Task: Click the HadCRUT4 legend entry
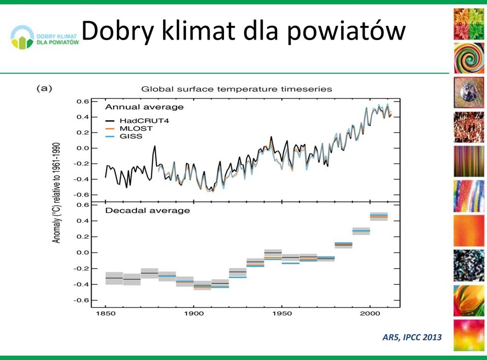[x=137, y=121]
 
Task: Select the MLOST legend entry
[x=129, y=128]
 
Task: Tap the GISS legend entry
[x=124, y=137]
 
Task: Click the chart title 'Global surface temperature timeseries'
[x=237, y=89]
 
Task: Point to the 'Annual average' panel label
[x=144, y=107]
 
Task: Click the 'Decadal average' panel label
[x=148, y=211]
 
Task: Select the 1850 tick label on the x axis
[x=106, y=313]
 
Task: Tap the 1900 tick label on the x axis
[x=194, y=313]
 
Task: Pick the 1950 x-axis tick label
[x=282, y=313]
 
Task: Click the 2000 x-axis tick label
[x=370, y=313]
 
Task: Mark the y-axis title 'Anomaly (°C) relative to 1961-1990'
[x=56, y=193]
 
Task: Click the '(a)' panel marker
[x=44, y=88]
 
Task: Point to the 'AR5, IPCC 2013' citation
[x=412, y=337]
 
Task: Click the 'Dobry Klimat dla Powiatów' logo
[x=44, y=38]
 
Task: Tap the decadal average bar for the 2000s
[x=379, y=216]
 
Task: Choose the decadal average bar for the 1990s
[x=361, y=231]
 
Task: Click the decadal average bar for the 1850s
[x=114, y=278]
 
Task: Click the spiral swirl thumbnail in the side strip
[x=469, y=58]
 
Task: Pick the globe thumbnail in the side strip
[x=469, y=92]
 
